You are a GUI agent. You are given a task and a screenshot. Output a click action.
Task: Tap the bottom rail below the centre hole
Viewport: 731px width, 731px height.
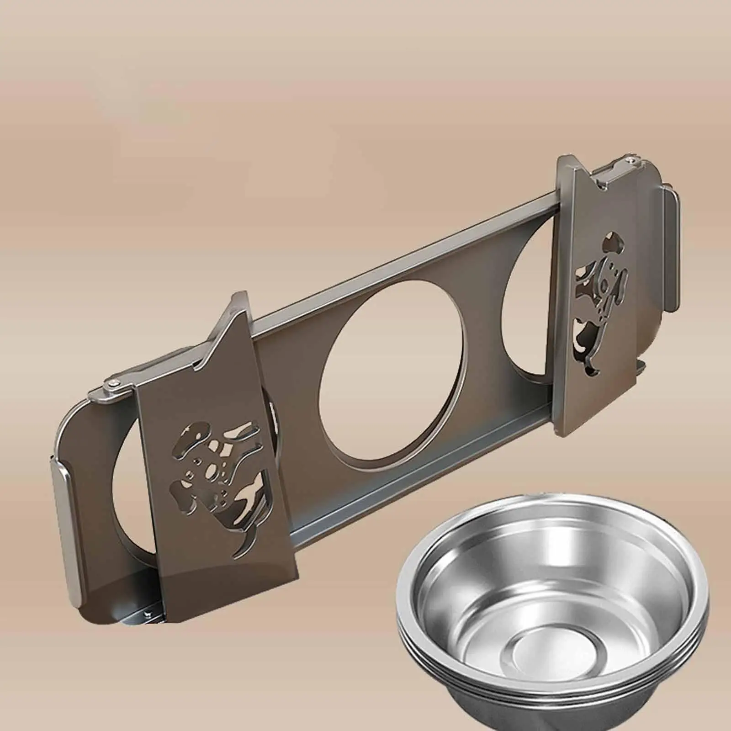tap(411, 457)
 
